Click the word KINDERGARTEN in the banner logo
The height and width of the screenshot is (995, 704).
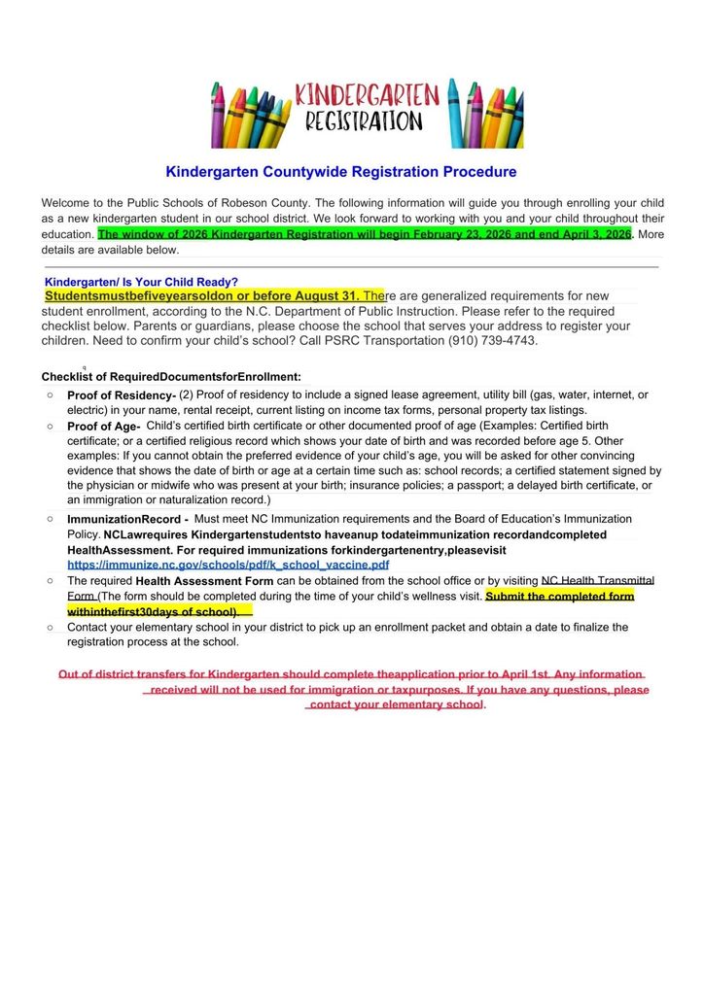[x=367, y=95]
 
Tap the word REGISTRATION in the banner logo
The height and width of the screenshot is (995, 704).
[x=364, y=121]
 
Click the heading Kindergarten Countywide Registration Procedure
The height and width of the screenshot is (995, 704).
[x=341, y=172]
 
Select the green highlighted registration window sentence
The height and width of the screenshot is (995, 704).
[x=365, y=234]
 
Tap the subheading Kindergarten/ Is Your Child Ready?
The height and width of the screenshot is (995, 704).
[x=141, y=282]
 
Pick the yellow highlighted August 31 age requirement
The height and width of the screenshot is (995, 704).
[x=202, y=295]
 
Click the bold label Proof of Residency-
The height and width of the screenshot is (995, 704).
[x=122, y=395]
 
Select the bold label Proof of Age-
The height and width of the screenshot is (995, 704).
[x=103, y=427]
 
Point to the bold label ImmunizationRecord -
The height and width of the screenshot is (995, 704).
[x=127, y=520]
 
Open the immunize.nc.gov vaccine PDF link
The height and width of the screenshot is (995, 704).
[x=229, y=564]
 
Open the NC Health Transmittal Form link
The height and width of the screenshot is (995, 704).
[x=597, y=580]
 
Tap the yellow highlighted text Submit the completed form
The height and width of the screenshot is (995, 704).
[x=559, y=596]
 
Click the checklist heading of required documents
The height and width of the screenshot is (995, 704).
[x=171, y=376]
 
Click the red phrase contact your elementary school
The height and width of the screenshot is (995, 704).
[x=396, y=704]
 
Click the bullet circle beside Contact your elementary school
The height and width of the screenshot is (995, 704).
[x=50, y=628]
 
